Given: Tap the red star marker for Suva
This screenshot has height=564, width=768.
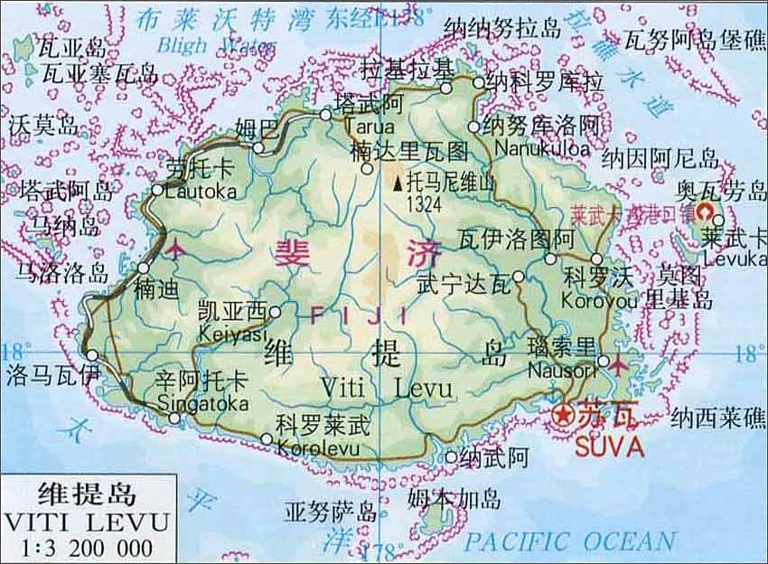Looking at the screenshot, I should (563, 415).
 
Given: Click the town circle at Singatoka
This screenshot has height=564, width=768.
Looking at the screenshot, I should (174, 418).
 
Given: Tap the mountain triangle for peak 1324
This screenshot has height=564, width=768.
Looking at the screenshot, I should (398, 183).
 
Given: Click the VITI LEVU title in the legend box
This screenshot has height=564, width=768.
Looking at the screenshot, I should (87, 522).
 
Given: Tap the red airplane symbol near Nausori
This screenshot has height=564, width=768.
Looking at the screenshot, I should (617, 364).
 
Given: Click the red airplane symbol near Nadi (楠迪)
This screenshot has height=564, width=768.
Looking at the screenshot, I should (175, 247).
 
